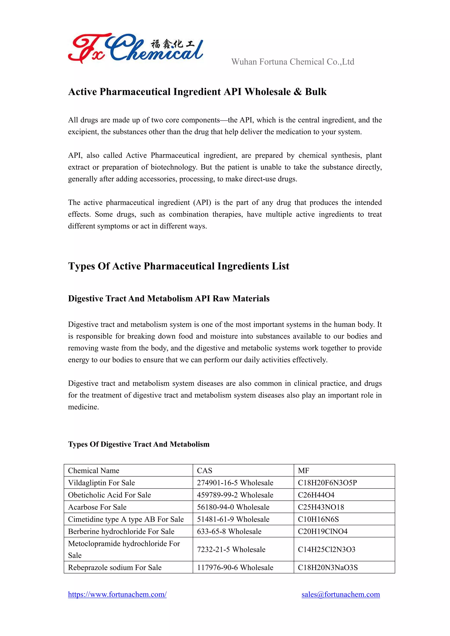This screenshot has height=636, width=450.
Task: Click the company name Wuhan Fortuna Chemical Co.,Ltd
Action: point(293,61)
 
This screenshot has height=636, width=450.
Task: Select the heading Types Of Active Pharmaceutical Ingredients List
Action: point(178,266)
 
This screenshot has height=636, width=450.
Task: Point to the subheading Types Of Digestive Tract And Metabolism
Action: point(139,444)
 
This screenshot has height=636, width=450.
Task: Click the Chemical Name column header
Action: point(94,470)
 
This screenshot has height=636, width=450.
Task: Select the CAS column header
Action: point(205,470)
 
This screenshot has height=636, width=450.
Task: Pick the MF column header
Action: point(303,470)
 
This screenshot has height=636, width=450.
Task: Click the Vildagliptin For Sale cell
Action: point(102,482)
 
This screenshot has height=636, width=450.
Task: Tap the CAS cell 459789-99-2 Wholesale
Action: point(235,495)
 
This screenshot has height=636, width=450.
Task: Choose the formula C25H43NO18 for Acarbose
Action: point(321,507)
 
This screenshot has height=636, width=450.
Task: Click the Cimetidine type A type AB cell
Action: point(126,519)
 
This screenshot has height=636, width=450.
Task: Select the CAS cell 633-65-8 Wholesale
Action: point(229,531)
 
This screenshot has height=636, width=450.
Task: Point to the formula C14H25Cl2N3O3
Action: point(327,549)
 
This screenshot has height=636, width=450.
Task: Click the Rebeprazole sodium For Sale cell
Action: point(115,567)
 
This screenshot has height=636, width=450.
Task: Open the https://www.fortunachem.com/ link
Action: point(117,594)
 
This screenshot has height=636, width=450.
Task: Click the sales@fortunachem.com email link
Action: point(341,594)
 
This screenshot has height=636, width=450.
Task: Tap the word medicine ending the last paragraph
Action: point(83,407)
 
